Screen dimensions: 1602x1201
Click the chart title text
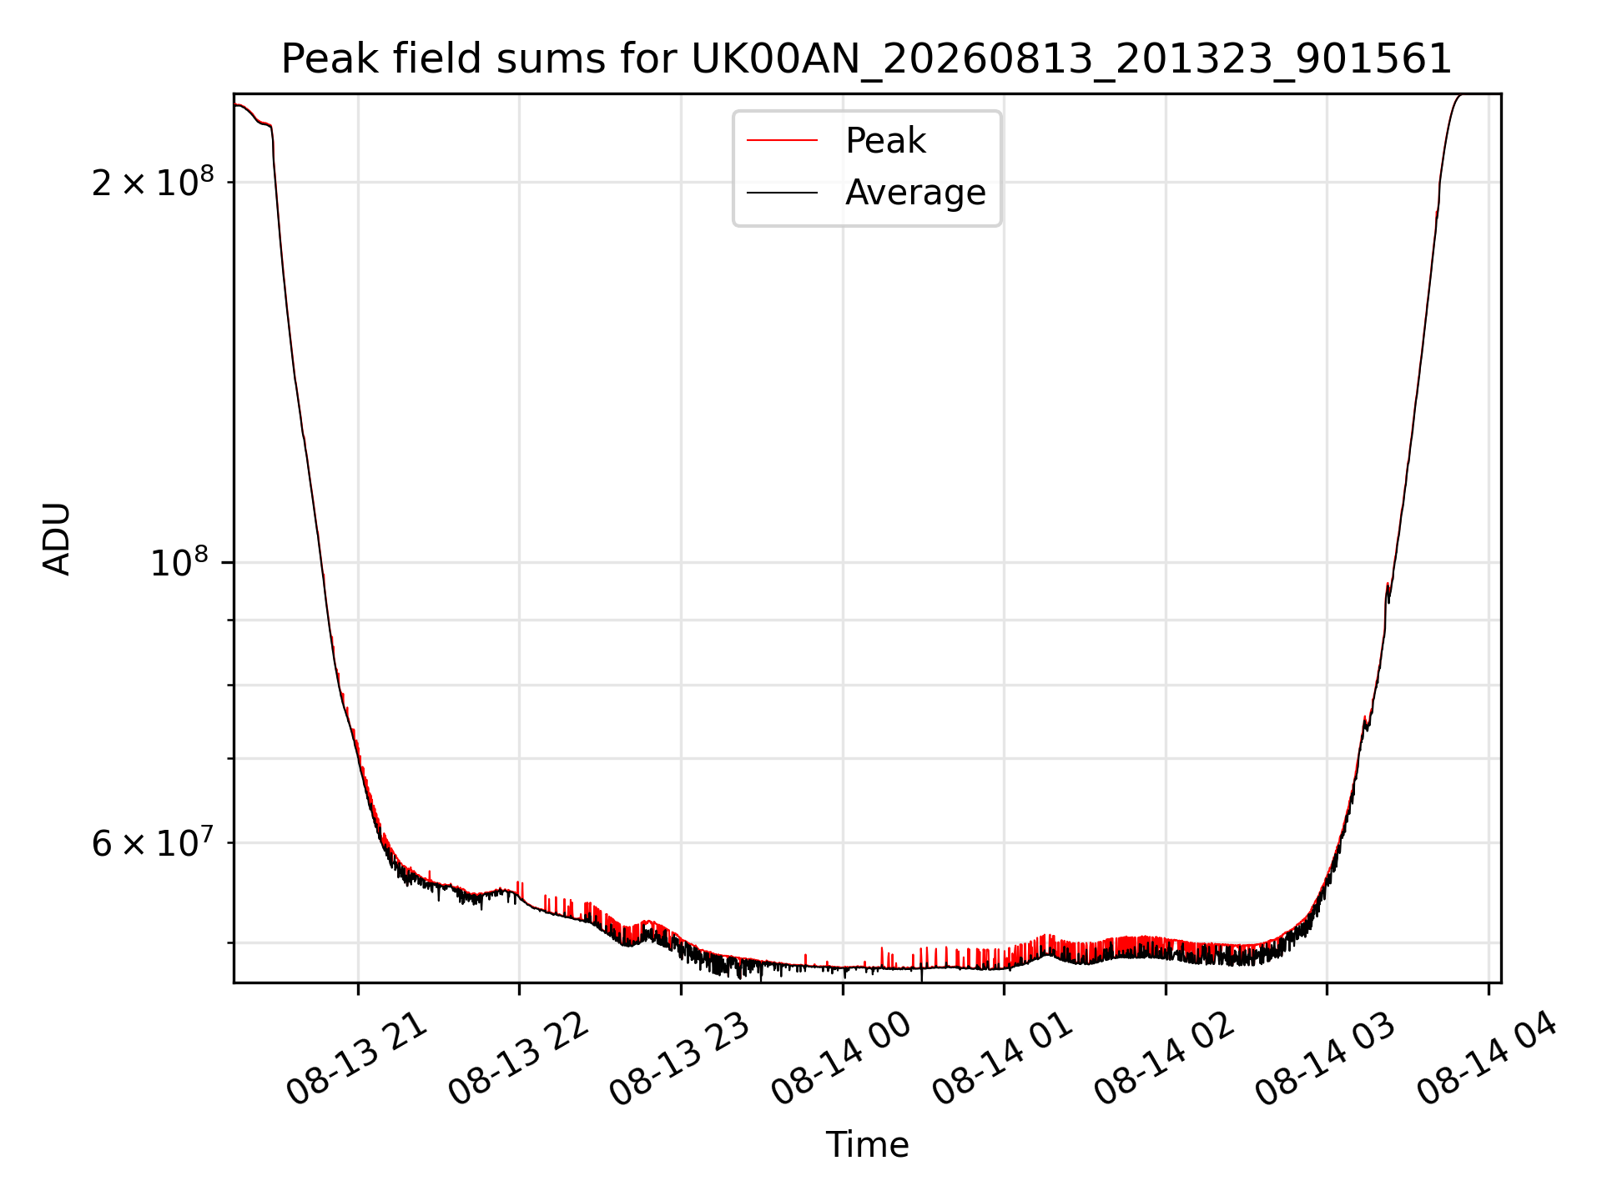click(x=867, y=59)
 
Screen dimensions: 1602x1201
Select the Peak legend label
click(x=885, y=140)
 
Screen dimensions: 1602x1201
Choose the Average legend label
click(x=915, y=193)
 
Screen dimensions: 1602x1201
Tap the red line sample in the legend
click(x=782, y=140)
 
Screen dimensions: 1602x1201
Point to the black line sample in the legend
click(x=782, y=193)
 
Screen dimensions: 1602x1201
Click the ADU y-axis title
click(x=57, y=539)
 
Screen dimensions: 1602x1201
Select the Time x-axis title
click(x=867, y=1144)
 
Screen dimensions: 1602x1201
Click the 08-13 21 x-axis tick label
click(x=357, y=1058)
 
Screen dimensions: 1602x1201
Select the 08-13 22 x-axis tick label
click(x=519, y=1058)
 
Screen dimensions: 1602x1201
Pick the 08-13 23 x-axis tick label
click(x=680, y=1058)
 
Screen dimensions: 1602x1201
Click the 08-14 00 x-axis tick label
click(x=842, y=1058)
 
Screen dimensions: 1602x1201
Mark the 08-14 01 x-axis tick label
click(x=1003, y=1058)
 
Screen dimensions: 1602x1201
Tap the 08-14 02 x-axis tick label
click(x=1165, y=1058)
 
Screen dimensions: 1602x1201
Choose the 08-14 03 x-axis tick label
click(x=1326, y=1058)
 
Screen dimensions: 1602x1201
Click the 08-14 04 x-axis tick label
click(x=1488, y=1058)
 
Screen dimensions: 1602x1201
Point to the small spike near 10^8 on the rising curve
click(x=1388, y=590)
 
